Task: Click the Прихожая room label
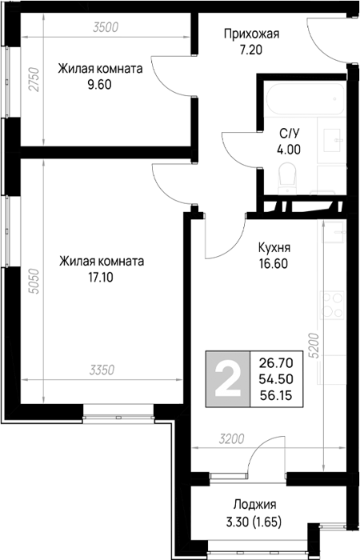[251, 34]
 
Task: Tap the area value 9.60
[100, 85]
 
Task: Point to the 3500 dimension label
[106, 27]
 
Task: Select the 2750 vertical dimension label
[34, 79]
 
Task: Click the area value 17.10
[101, 277]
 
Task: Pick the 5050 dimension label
[35, 282]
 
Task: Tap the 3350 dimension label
[102, 370]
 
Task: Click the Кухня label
[274, 247]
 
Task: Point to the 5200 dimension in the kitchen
[314, 346]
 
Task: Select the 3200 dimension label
[231, 439]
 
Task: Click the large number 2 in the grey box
[227, 379]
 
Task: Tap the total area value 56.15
[276, 395]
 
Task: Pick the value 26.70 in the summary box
[276, 363]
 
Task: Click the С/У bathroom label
[289, 134]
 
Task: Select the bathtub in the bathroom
[306, 98]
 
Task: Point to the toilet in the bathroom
[287, 178]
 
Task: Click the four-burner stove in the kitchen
[332, 305]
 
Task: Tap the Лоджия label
[254, 505]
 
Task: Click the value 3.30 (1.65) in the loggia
[254, 523]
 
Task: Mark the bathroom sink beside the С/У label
[334, 140]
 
